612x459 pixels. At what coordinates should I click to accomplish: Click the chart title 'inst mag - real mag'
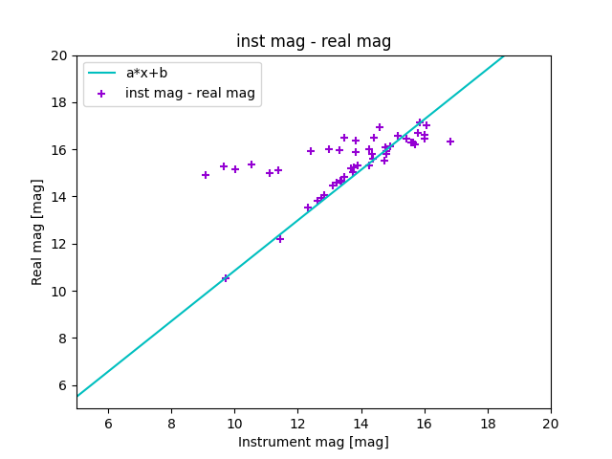[314, 41]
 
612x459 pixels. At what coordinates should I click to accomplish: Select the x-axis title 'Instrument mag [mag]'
[314, 442]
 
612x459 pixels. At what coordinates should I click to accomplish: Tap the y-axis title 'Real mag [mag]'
[38, 231]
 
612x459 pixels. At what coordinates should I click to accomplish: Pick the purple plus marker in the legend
[101, 93]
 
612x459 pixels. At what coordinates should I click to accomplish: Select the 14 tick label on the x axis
[361, 424]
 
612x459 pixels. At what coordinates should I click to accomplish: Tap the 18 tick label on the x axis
[488, 424]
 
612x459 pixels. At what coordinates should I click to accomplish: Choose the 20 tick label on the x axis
[551, 424]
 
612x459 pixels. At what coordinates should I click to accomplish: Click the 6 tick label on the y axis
[64, 385]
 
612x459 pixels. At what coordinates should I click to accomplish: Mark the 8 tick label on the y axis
[64, 339]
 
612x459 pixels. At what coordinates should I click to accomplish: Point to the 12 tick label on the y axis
[61, 244]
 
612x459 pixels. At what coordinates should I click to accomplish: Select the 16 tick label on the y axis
[61, 150]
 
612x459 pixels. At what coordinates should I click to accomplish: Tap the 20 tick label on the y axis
[61, 55]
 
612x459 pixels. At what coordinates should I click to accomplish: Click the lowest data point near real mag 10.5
[226, 278]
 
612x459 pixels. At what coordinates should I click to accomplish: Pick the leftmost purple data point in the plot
[206, 175]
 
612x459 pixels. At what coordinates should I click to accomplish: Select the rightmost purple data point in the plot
[450, 142]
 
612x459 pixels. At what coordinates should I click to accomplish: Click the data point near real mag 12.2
[280, 238]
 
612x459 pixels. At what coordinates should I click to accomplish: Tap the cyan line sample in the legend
[101, 73]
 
